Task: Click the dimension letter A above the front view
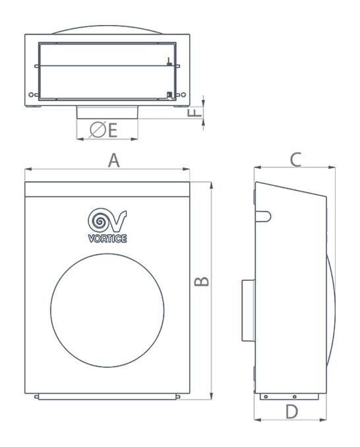pyautogui.click(x=113, y=160)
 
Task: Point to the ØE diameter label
pyautogui.click(x=103, y=131)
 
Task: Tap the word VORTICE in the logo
pyautogui.click(x=107, y=238)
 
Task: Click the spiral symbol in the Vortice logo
pyautogui.click(x=100, y=220)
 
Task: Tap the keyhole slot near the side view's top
pyautogui.click(x=262, y=216)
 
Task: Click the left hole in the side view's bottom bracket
pyautogui.click(x=266, y=396)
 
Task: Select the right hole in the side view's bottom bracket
pyautogui.click(x=294, y=396)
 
